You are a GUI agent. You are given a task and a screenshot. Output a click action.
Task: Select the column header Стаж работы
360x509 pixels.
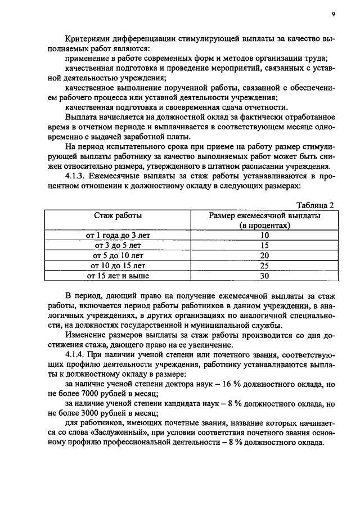coord(118,215)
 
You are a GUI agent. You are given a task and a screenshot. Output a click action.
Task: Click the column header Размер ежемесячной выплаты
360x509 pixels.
coord(264,215)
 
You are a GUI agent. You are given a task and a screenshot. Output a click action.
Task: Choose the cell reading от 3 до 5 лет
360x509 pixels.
coord(118,246)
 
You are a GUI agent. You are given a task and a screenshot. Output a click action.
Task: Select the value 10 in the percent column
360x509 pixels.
coord(264,236)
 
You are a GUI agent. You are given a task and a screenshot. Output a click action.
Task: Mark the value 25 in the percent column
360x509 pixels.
coord(264,266)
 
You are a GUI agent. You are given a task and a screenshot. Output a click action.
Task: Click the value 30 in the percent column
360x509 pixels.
coord(264,276)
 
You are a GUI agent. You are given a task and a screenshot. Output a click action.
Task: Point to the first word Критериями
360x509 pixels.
coord(88,40)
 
